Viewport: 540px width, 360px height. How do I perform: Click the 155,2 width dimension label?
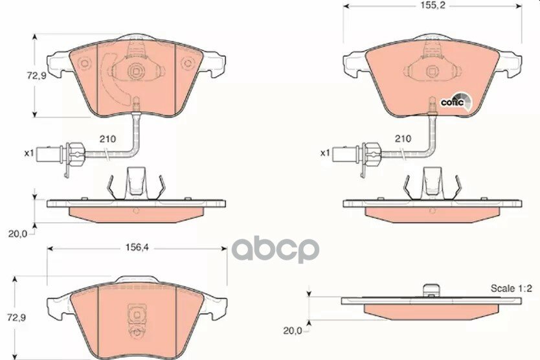433,6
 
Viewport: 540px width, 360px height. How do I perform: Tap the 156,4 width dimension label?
137,247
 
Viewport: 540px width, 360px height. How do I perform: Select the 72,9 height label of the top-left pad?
36,76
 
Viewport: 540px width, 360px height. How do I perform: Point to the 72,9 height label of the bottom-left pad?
17,317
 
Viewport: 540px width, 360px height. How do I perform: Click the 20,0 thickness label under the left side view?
17,234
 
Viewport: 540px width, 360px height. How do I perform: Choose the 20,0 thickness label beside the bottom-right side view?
293,330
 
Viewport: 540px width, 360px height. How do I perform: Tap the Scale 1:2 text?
512,288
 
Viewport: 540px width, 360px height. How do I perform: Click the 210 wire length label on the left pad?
107,139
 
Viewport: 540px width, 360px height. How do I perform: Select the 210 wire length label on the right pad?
403,139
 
